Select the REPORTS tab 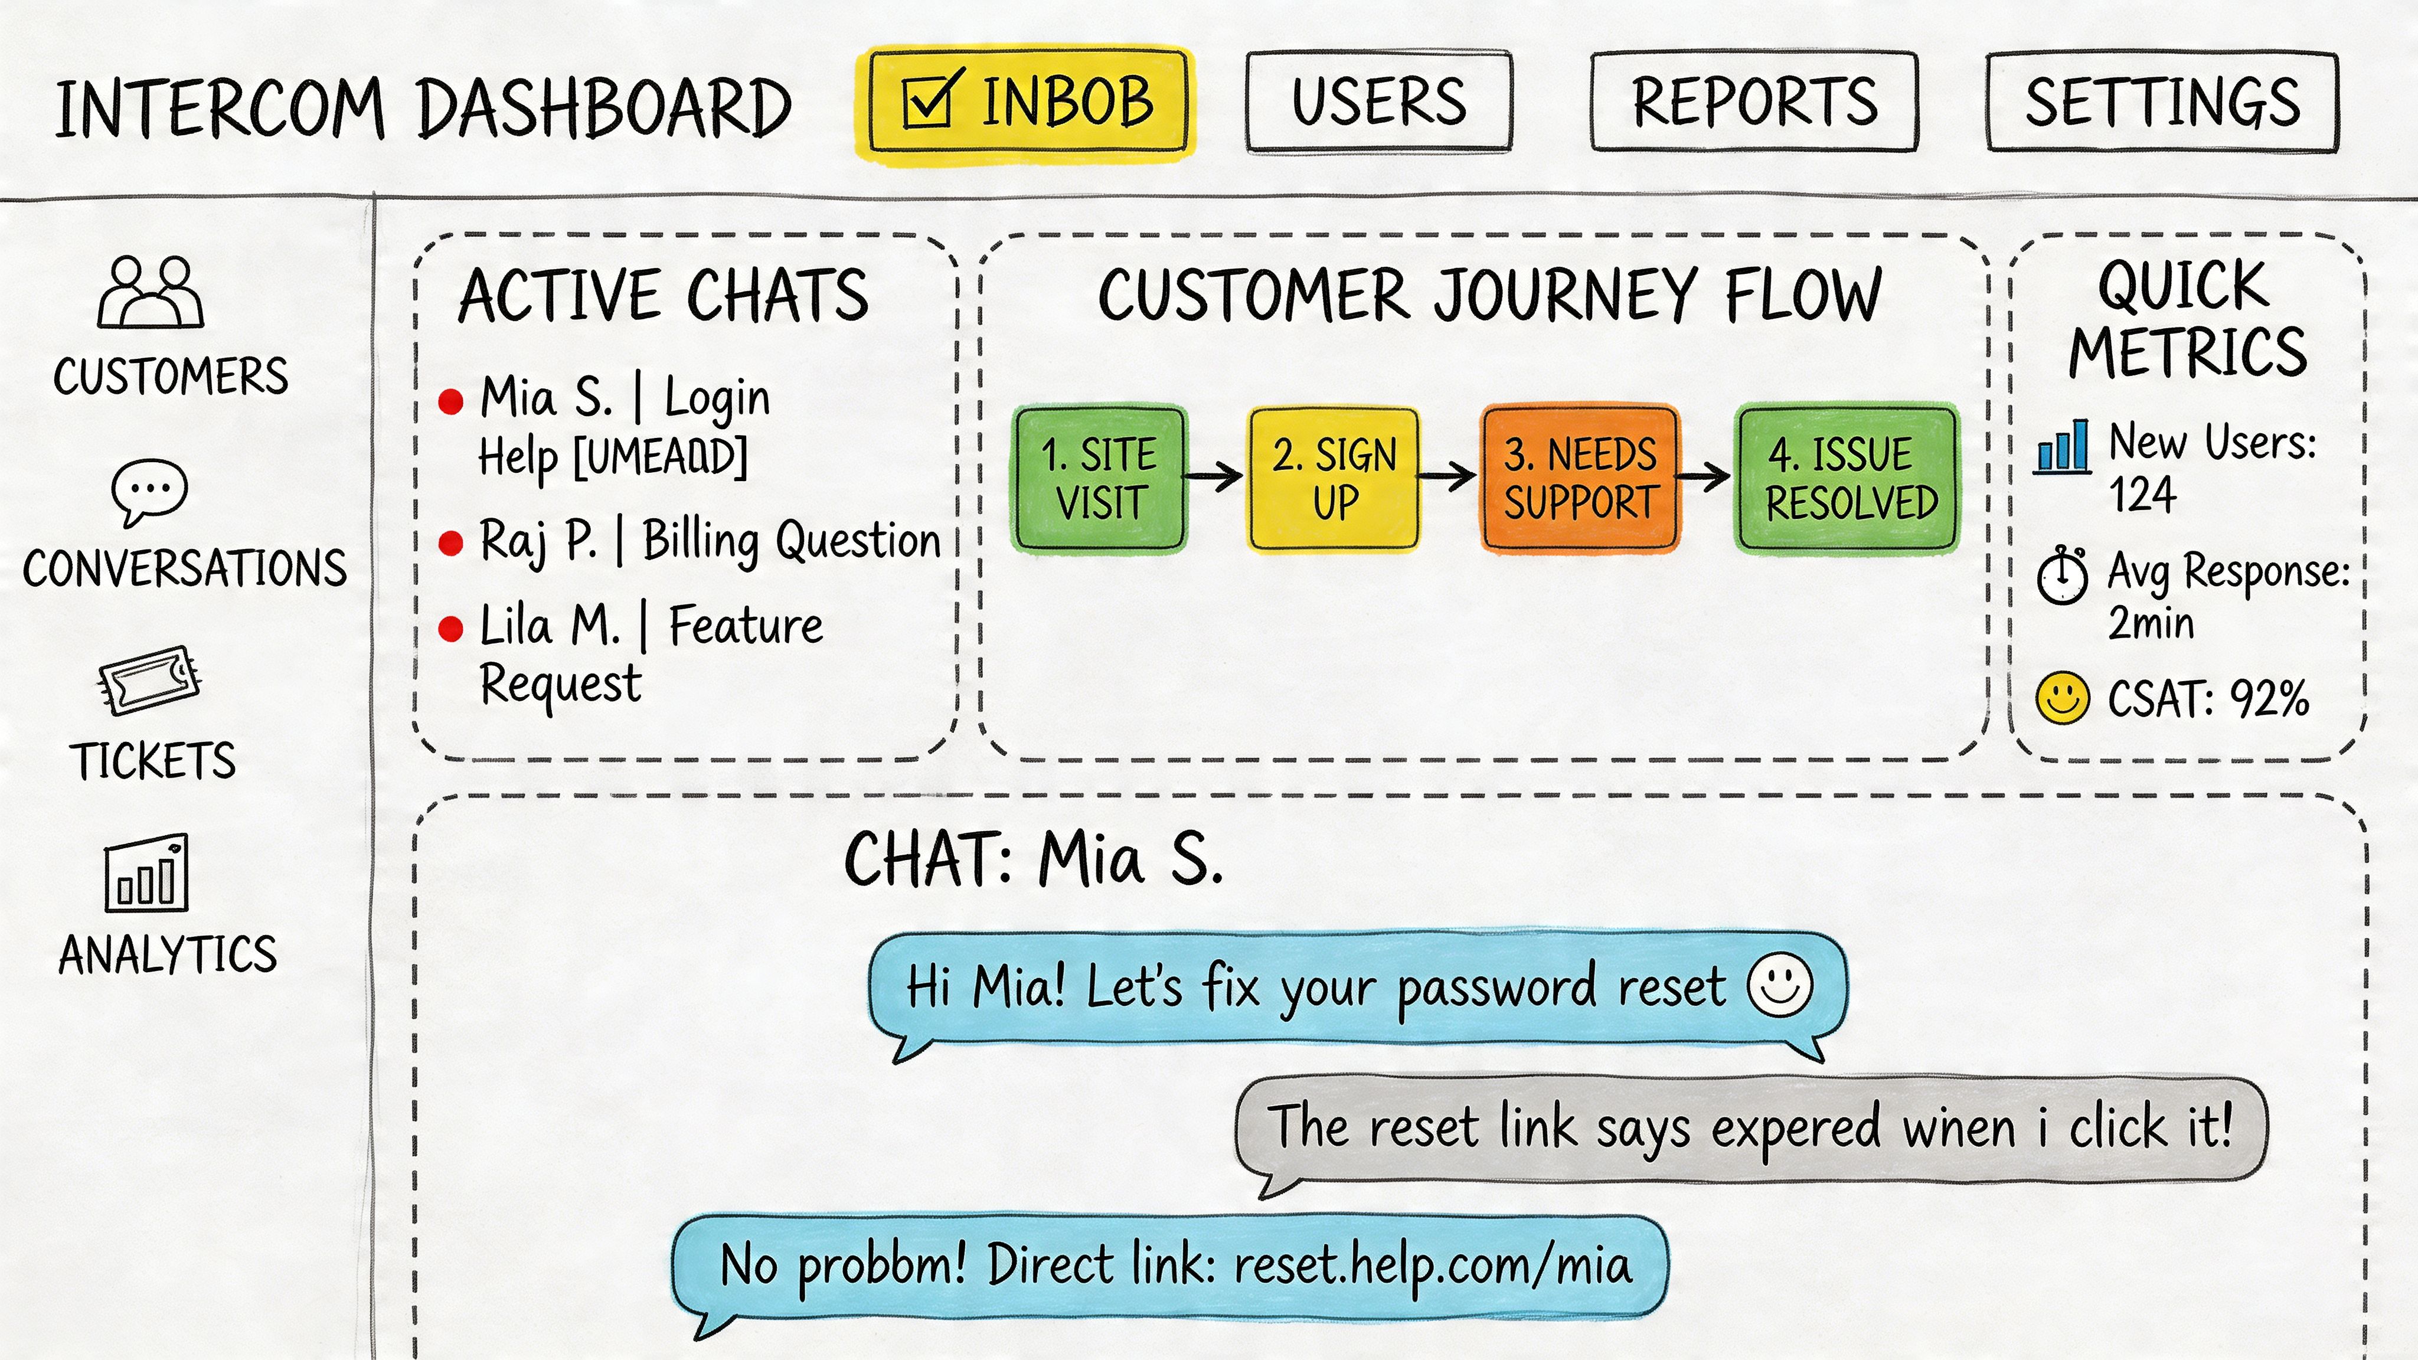[1753, 102]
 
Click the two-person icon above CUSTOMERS [150, 292]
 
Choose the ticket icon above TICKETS [150, 679]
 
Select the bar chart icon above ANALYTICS [146, 874]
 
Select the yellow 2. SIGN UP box [1334, 479]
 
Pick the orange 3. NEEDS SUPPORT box [1580, 479]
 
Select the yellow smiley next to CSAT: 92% [2062, 697]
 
